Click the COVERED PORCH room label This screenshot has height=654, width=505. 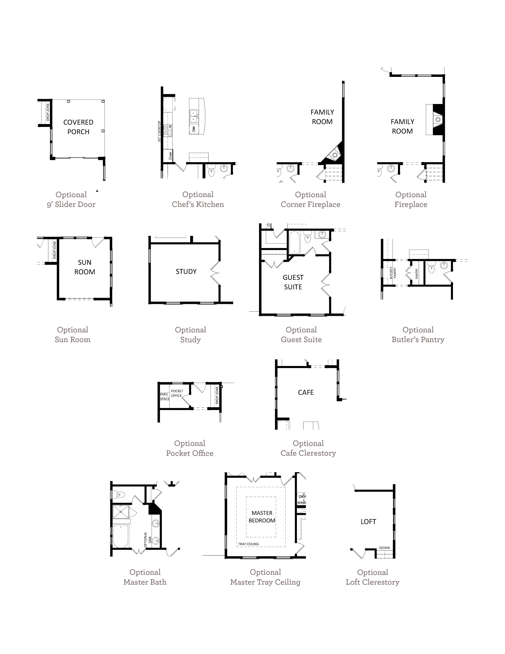[x=78, y=127]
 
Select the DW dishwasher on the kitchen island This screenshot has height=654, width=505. [x=193, y=129]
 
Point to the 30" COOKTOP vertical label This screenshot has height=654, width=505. [x=159, y=131]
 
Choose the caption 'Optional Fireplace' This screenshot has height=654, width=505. [x=411, y=199]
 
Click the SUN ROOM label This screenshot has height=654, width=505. [x=85, y=267]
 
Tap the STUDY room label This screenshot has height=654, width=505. [x=186, y=272]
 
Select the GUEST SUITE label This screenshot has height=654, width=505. [x=293, y=282]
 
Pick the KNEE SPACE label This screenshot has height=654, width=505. [x=165, y=397]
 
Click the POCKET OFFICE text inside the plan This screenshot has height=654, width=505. [x=177, y=393]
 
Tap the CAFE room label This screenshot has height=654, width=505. [x=306, y=392]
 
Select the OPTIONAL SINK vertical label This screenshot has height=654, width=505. [x=148, y=540]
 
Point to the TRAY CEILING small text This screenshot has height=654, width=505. [x=248, y=544]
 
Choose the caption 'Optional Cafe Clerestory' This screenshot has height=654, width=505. [x=308, y=448]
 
